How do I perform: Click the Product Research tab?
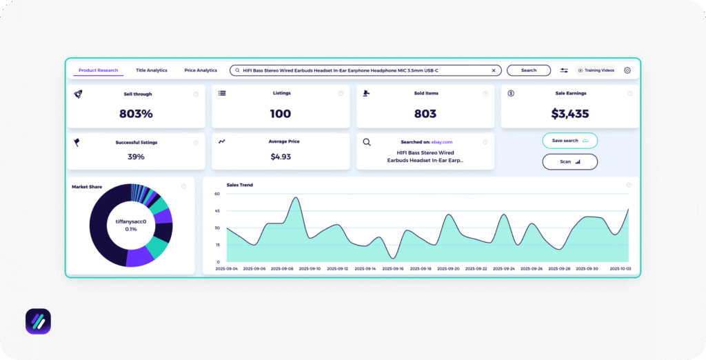[x=98, y=70]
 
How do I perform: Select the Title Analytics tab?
[x=152, y=70]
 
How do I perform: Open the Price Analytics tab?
[x=201, y=70]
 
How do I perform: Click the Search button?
[x=529, y=70]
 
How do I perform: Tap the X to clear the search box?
[x=494, y=70]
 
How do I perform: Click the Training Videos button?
[x=596, y=70]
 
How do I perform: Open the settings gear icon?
[x=627, y=70]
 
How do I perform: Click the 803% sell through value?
[x=136, y=114]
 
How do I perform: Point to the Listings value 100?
[x=281, y=114]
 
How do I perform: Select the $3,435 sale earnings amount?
[x=569, y=114]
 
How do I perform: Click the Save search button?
[x=569, y=141]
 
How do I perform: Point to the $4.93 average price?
[x=281, y=157]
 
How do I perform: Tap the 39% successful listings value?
[x=136, y=157]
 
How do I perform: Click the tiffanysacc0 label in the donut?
[x=131, y=221]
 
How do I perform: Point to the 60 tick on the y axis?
[x=216, y=194]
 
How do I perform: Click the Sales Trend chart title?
[x=239, y=185]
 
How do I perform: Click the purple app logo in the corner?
[x=38, y=321]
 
